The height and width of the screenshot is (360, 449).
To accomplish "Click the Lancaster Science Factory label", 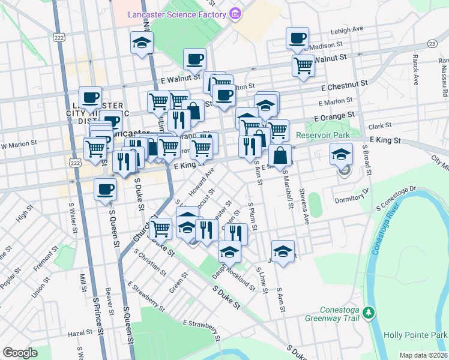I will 176,14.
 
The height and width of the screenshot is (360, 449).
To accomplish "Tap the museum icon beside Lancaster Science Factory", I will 235,13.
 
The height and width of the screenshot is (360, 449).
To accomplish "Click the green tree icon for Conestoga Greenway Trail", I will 370,313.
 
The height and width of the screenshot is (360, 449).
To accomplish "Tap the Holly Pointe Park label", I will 422,334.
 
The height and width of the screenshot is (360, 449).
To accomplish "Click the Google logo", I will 19,353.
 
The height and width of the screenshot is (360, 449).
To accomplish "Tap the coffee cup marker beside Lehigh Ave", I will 297,40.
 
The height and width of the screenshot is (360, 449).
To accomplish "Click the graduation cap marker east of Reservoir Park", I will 341,155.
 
